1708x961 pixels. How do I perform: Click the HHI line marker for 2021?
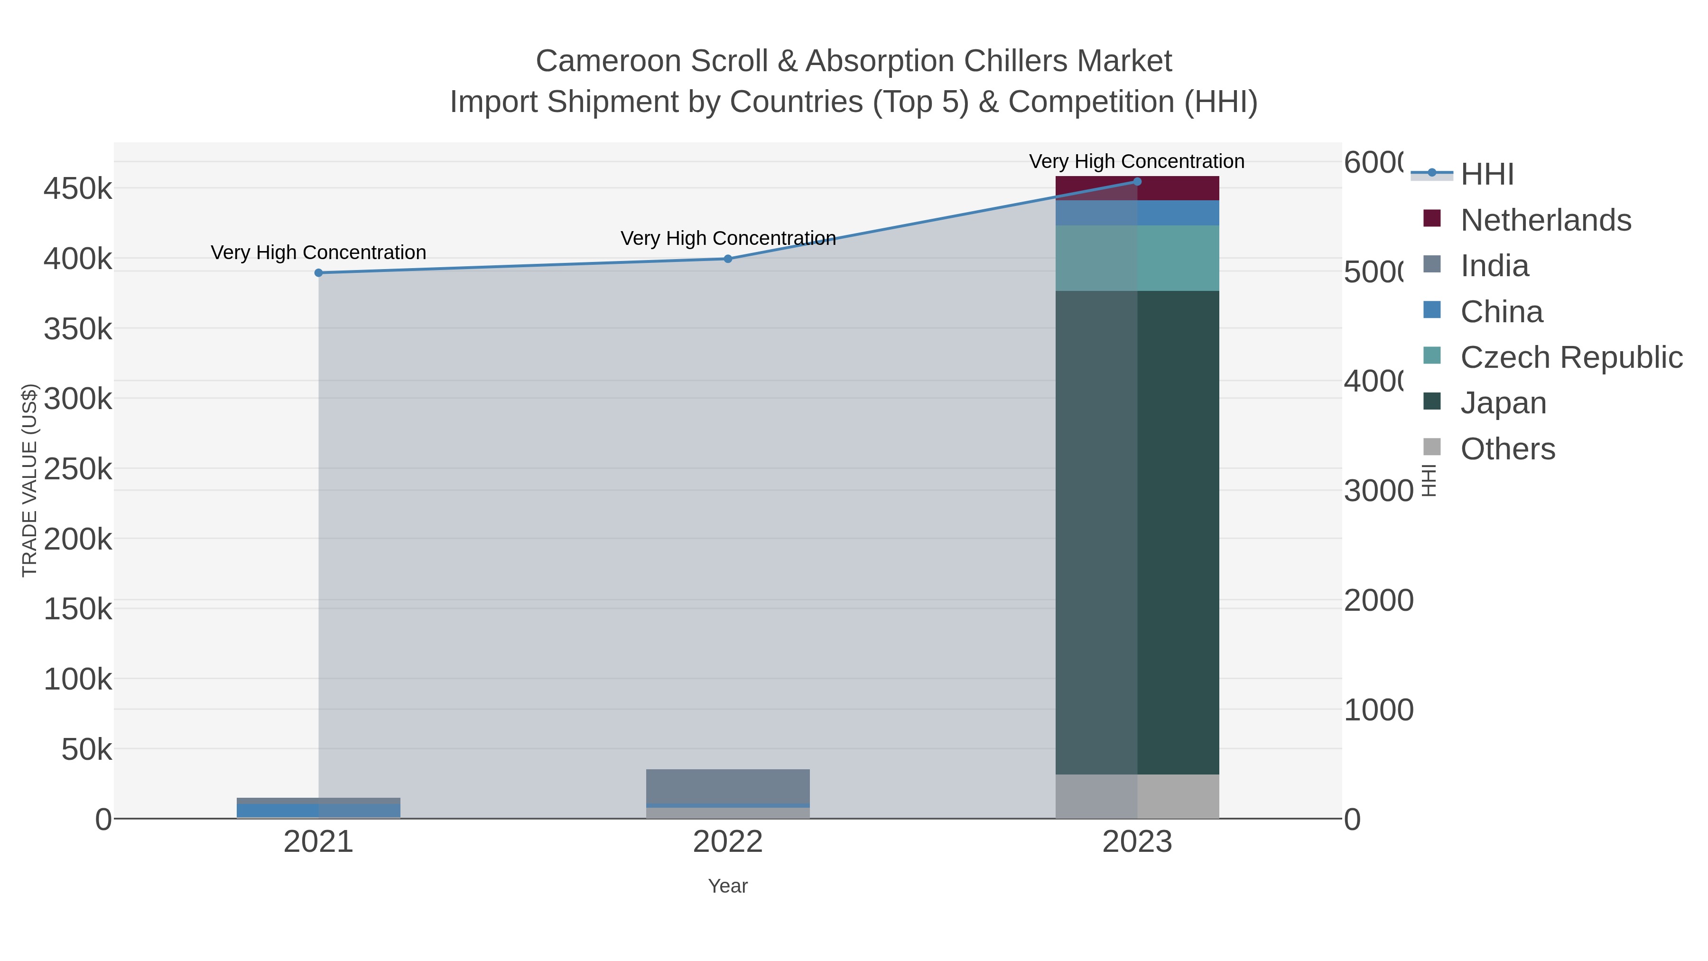(x=318, y=272)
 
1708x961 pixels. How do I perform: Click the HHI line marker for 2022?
(x=727, y=259)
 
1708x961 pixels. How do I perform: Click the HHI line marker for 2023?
(x=1137, y=182)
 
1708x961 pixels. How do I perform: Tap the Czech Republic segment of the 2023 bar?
(x=1178, y=258)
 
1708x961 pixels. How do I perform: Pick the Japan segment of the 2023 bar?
(x=1178, y=531)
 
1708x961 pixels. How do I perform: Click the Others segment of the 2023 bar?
(x=1178, y=796)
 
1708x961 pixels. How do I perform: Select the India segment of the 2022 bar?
(x=727, y=786)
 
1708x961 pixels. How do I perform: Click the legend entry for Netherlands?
(x=1545, y=220)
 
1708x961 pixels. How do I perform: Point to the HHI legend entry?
(x=1486, y=175)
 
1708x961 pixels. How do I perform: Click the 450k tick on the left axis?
(x=78, y=189)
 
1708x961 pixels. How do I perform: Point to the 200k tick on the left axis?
(x=78, y=539)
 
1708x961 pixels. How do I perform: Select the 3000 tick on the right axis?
(x=1378, y=491)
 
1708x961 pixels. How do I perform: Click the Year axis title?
(x=727, y=886)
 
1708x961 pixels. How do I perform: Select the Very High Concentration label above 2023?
(x=1136, y=161)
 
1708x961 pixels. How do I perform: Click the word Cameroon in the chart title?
(x=608, y=61)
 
